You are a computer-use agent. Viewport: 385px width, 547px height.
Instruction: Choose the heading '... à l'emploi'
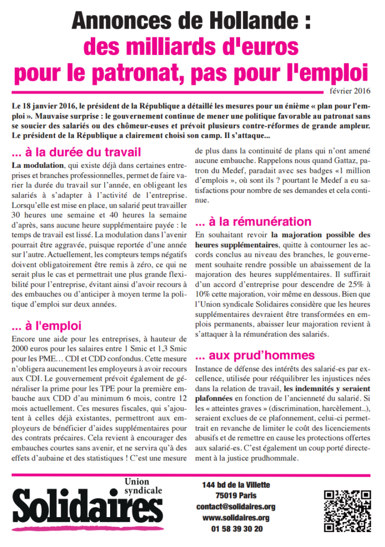pyautogui.click(x=46, y=325)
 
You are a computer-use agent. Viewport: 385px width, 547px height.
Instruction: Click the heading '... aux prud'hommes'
pyautogui.click(x=255, y=355)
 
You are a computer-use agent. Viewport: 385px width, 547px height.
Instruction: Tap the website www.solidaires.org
pyautogui.click(x=235, y=518)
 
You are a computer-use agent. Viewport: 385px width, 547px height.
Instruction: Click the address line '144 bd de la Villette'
pyautogui.click(x=236, y=485)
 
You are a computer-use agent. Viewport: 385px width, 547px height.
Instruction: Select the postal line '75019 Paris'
pyautogui.click(x=235, y=495)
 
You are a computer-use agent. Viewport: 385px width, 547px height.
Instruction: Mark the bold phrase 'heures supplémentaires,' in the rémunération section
pyautogui.click(x=232, y=244)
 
